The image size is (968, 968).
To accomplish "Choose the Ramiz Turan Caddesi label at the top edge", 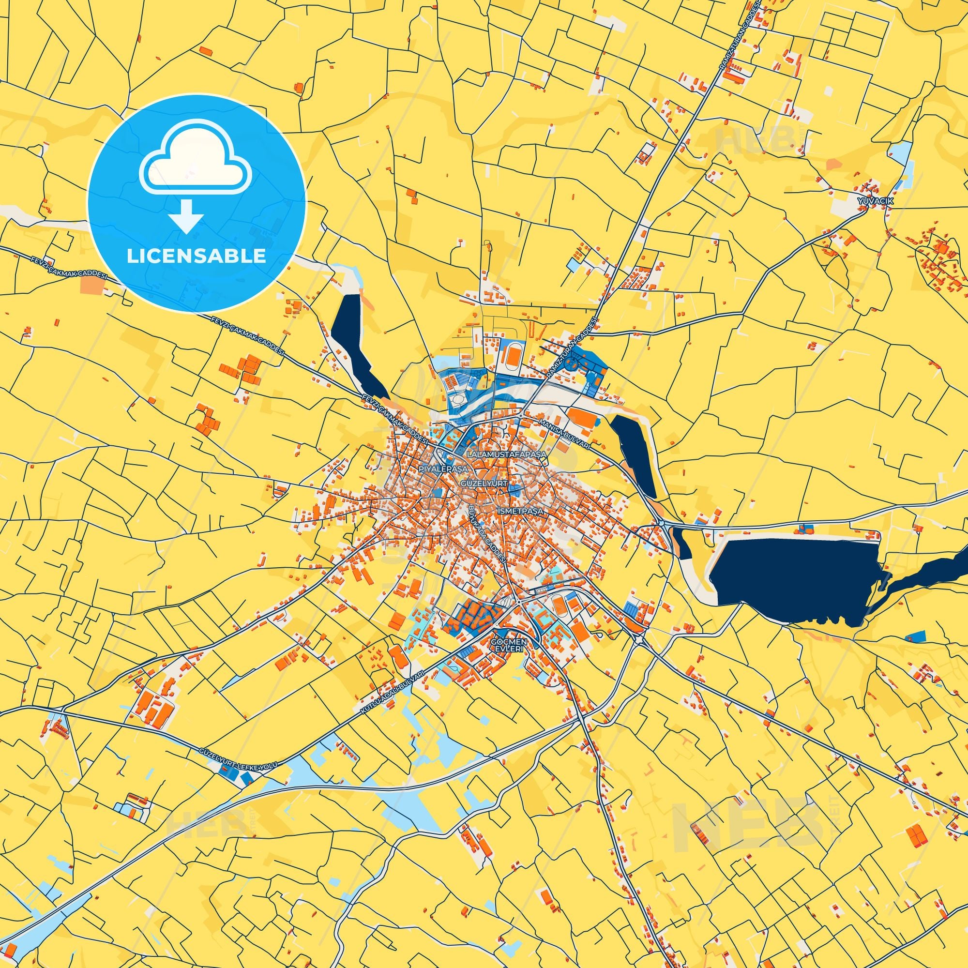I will (x=745, y=38).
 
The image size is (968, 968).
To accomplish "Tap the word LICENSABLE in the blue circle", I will (x=196, y=256).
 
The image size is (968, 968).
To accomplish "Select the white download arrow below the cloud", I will (x=186, y=216).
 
